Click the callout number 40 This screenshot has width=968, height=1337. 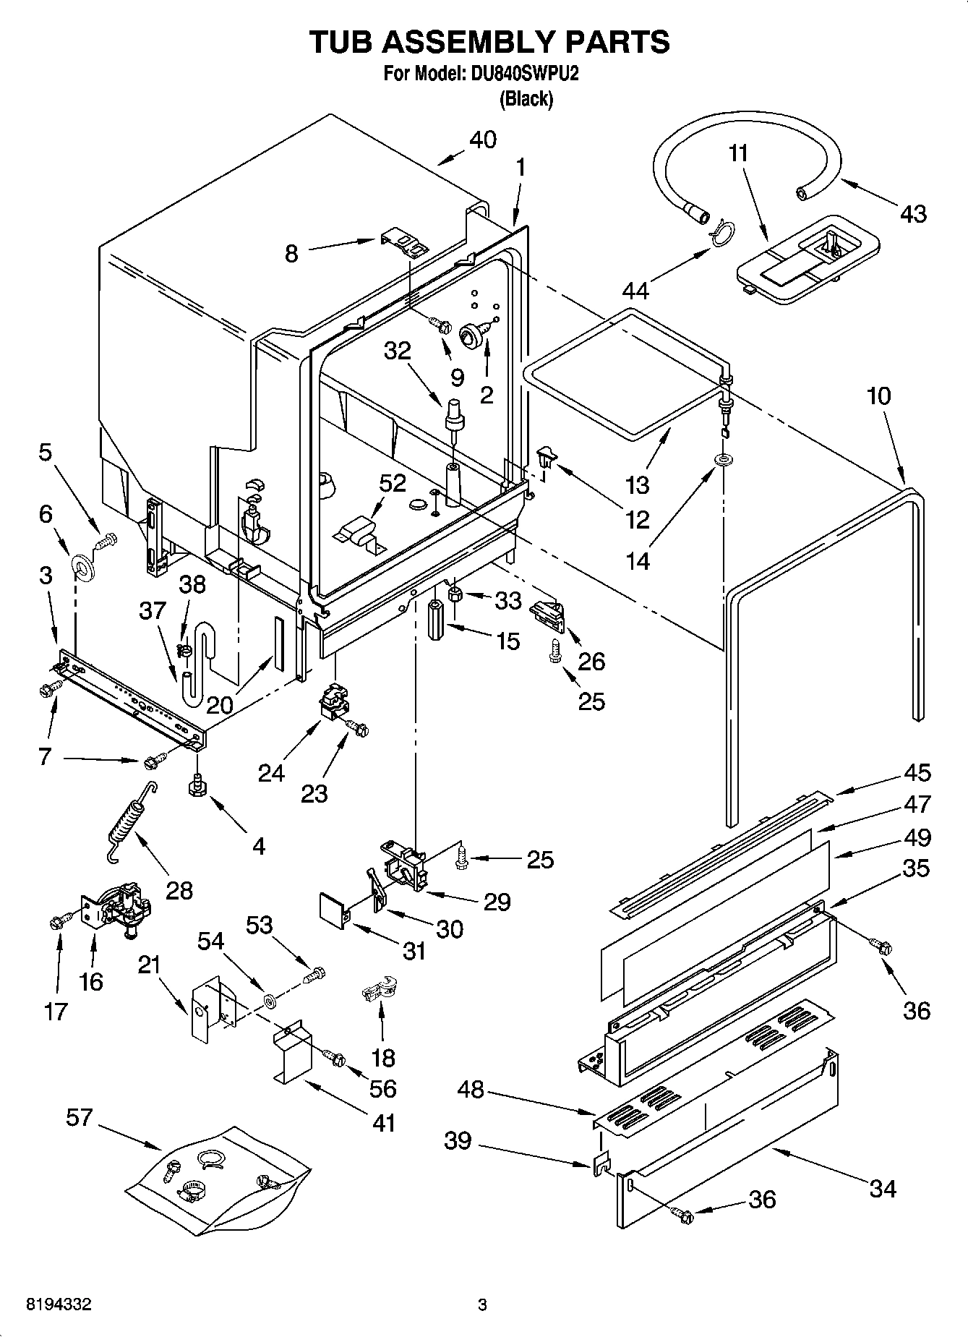483,140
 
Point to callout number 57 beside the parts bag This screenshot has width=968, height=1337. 80,1117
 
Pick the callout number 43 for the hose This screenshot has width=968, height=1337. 912,213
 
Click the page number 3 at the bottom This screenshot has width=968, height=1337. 482,1306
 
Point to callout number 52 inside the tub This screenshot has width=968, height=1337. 393,483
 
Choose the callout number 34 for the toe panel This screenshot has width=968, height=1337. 883,1188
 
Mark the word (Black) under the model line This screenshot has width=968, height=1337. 526,99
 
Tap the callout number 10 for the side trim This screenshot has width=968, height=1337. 878,396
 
